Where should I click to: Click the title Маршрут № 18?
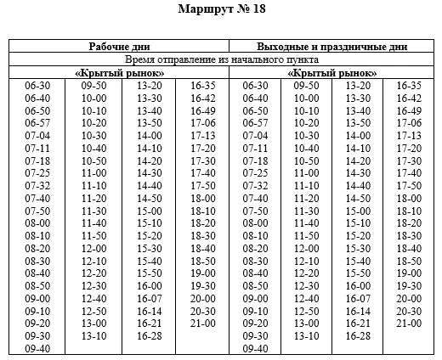(223, 10)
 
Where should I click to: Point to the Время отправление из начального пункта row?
(222, 60)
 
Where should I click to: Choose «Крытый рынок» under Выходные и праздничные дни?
(331, 73)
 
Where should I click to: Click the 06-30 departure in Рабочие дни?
(37, 86)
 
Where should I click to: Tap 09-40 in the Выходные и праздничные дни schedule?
(256, 348)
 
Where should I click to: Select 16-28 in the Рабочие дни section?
(149, 336)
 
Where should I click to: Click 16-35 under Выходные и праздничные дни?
(410, 86)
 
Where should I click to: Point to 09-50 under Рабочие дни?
(93, 86)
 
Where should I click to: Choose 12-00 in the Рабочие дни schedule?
(93, 249)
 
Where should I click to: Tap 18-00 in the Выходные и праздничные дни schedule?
(410, 199)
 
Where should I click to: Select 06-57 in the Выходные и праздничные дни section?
(256, 123)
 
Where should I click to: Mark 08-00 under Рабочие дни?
(37, 223)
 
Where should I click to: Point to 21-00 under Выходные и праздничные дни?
(410, 323)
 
